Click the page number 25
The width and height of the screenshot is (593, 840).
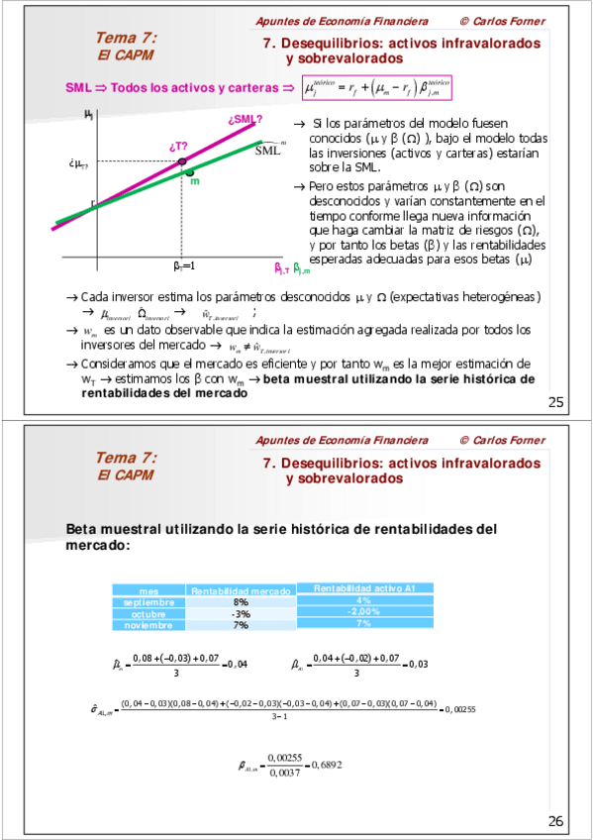click(x=555, y=401)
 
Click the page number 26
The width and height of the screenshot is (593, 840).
click(x=555, y=820)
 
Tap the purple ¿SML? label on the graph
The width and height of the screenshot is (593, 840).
click(x=245, y=121)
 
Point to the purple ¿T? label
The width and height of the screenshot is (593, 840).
click(x=179, y=146)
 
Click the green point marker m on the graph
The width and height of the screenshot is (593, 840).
click(x=189, y=173)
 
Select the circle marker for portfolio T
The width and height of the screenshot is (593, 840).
click(x=181, y=160)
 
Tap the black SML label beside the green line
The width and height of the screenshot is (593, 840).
click(x=268, y=151)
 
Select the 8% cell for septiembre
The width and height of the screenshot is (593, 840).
click(x=241, y=602)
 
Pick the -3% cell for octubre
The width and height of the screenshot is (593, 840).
click(x=241, y=614)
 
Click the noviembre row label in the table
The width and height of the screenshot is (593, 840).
click(x=148, y=626)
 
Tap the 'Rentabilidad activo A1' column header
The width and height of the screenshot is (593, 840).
click(x=363, y=588)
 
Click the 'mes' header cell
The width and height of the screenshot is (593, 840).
click(x=148, y=590)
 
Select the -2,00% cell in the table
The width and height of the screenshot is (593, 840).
click(x=363, y=611)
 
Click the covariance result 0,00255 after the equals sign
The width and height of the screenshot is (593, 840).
click(x=462, y=708)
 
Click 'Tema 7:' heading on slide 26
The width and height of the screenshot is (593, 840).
click(x=126, y=458)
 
